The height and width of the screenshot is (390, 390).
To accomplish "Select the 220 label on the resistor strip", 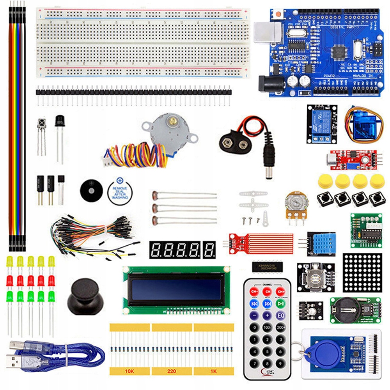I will coord(172,371).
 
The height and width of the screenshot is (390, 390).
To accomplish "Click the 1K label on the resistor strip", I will coord(213,371).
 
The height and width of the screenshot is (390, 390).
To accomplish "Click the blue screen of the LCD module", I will coord(176,289).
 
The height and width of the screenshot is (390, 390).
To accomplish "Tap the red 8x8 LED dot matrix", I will coord(362,273).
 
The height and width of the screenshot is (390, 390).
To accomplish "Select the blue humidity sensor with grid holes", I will coord(322,244).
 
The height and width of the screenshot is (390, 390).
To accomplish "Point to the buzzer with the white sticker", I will coord(120,191).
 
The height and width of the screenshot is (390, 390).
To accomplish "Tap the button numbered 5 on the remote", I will coord(267,340).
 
